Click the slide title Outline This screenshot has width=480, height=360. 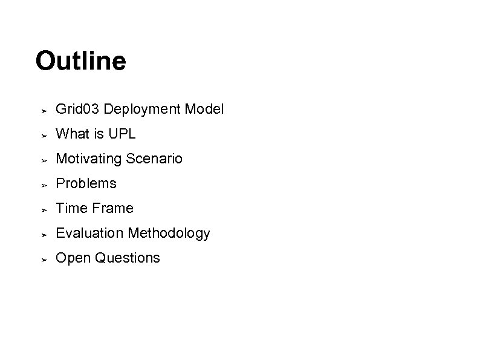coord(80,61)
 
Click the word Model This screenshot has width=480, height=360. coord(204,110)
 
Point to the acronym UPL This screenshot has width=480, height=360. coord(123,134)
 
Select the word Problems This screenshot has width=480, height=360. coord(86,183)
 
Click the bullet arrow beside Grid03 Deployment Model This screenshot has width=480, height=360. coord(44,111)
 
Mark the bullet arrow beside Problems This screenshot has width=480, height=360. coord(44,185)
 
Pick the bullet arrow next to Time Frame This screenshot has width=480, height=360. coord(44,209)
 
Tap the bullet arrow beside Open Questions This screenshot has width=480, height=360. coord(44,259)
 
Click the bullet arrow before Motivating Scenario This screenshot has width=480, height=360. coord(44,160)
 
